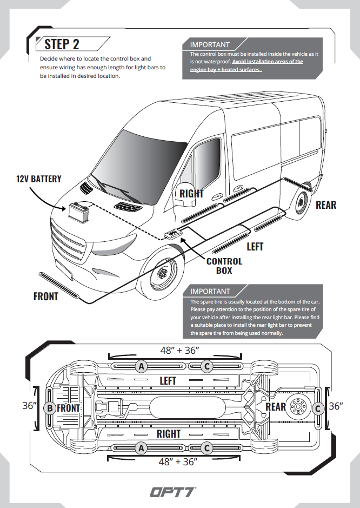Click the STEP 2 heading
point(62,44)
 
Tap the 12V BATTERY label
point(38,179)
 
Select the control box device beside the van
point(172,233)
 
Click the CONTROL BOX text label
point(224,266)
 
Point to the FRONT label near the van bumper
point(45,296)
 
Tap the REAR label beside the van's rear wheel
point(326,204)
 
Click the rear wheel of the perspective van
point(302,202)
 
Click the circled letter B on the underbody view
point(50,408)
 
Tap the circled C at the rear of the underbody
point(318,408)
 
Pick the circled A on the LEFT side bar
point(141,366)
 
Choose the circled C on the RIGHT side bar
point(206,448)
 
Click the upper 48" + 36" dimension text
point(179,350)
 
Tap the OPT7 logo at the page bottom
point(173,492)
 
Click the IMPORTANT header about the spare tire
point(210,291)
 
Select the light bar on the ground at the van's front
point(59,285)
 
